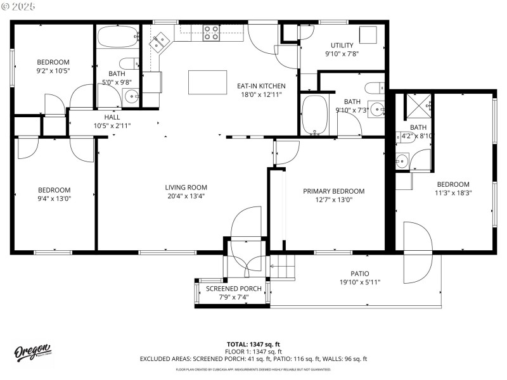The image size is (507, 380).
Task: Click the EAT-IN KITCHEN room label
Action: coord(261,86)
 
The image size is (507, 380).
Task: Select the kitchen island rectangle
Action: coord(207,82)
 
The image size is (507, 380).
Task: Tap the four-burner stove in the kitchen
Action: coord(211,33)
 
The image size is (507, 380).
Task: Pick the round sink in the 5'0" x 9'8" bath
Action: coord(131,97)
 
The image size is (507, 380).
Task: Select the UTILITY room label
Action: coord(342,45)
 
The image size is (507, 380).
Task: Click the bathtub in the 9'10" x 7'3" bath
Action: coord(314,115)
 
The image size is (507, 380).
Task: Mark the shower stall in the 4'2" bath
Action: coord(418,106)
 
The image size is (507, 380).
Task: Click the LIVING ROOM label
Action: coord(186,187)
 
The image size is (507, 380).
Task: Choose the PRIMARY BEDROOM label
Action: coord(333,191)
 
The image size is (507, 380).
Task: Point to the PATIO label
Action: coord(359,274)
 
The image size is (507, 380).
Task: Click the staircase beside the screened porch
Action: coord(283,267)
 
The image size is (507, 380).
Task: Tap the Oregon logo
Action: coord(32,351)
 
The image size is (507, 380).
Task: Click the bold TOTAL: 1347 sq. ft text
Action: coord(253,344)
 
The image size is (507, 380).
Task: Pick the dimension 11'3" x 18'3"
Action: coord(452,193)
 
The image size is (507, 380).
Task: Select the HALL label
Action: coord(112,117)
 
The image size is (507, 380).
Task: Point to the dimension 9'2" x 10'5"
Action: coord(53,70)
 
